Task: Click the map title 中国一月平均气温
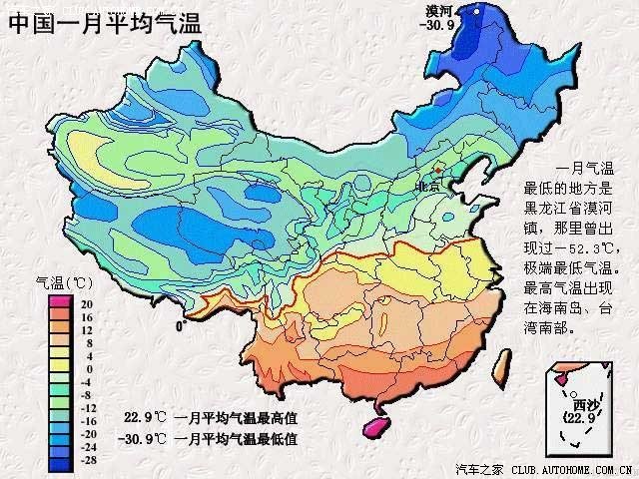tap(105, 23)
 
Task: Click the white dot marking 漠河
tap(476, 11)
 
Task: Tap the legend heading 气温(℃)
tap(64, 281)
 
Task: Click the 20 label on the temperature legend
tap(87, 303)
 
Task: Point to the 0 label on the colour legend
tap(88, 368)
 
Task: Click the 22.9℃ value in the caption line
tap(143, 417)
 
